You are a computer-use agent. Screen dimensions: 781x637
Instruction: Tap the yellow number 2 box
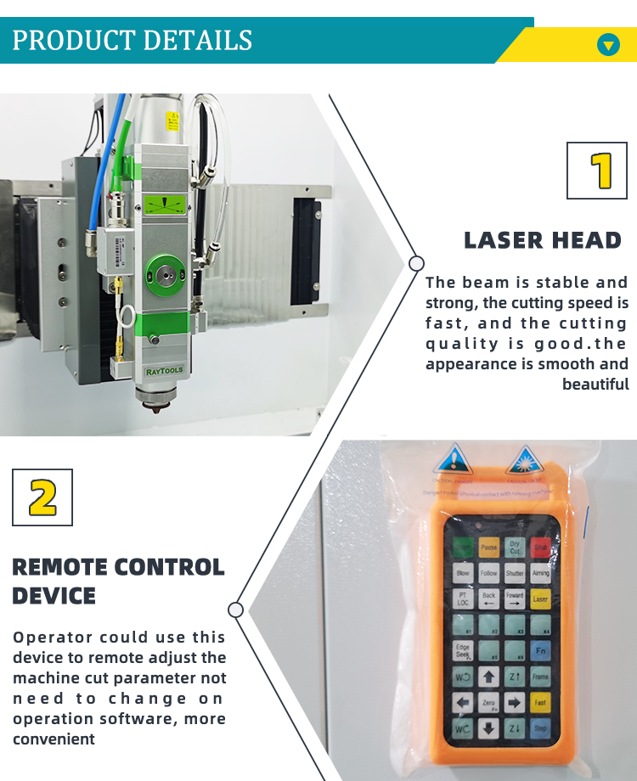42,497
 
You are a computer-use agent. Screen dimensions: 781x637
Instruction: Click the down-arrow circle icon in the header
608,44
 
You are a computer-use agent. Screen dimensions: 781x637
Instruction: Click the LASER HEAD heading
543,240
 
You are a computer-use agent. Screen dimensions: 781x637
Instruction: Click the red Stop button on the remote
541,548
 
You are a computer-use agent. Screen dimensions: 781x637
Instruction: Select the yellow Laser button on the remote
541,599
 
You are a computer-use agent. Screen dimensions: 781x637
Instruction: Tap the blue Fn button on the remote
541,651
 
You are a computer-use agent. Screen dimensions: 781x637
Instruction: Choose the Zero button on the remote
489,703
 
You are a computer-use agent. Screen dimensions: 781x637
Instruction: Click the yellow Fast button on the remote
541,703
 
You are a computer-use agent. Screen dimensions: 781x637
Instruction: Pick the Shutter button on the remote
515,574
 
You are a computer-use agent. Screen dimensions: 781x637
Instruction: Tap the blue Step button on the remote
541,728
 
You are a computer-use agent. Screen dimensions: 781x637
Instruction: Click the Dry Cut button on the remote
515,548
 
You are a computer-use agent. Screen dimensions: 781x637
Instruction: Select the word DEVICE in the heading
54,595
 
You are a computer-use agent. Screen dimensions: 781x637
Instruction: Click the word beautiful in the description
595,385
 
